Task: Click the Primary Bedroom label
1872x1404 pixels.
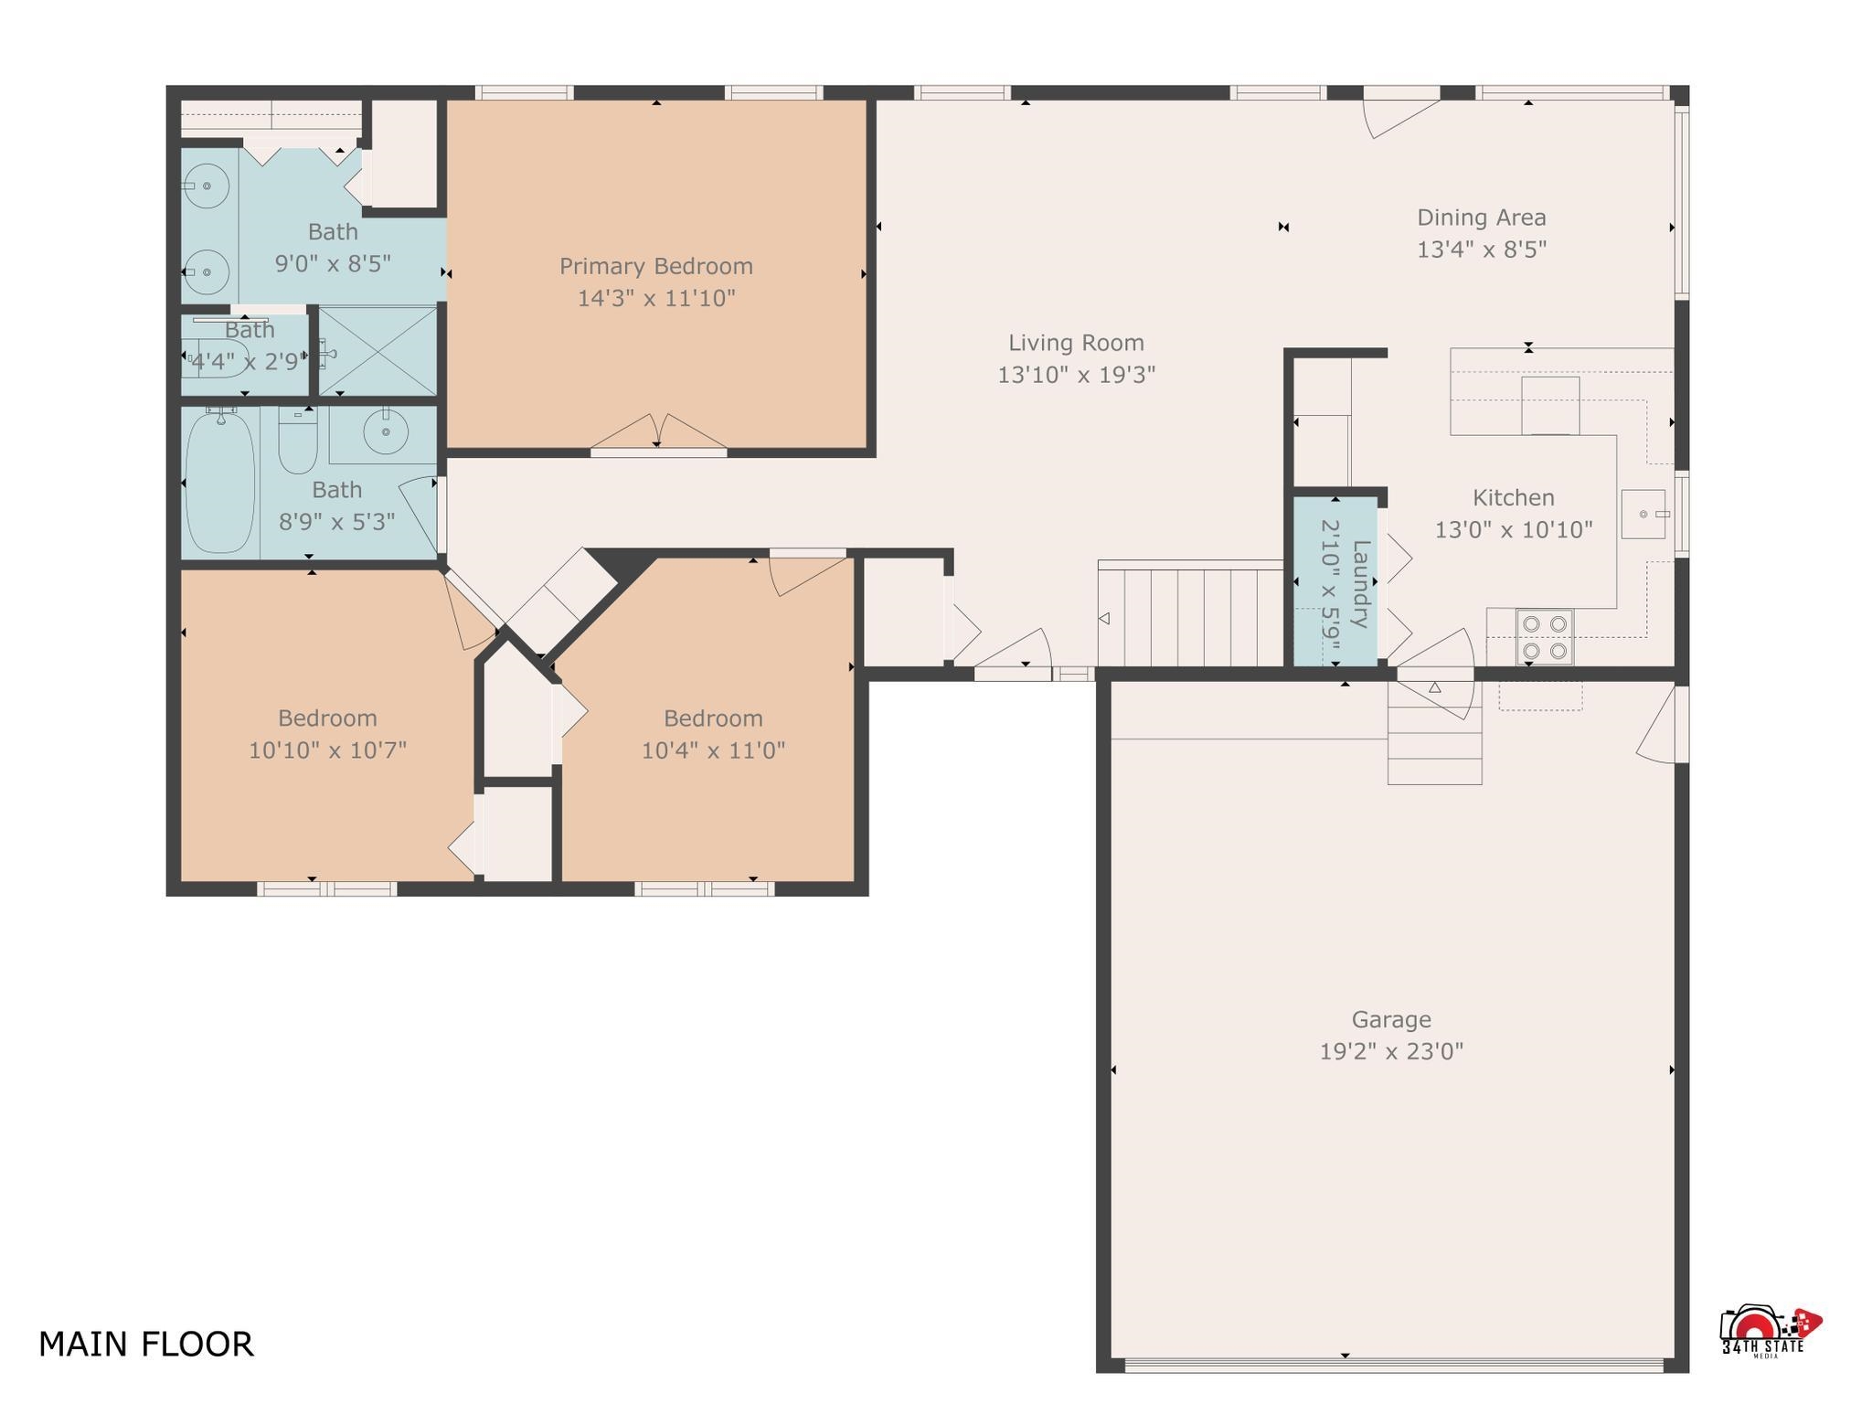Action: click(656, 266)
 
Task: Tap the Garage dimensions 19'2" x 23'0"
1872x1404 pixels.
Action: click(1390, 1051)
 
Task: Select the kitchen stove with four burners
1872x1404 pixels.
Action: click(1545, 637)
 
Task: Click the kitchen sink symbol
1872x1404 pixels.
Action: click(1643, 515)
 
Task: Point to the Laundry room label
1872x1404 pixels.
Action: click(1360, 584)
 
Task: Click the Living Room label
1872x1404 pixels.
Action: click(1076, 343)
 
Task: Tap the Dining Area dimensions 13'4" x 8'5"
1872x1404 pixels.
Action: click(1481, 250)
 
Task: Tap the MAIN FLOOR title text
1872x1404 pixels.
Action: click(146, 1344)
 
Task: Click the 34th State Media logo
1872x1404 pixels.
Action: click(1766, 1334)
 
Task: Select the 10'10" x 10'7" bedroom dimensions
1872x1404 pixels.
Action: click(327, 750)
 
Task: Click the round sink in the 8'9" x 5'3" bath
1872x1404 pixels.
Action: click(386, 431)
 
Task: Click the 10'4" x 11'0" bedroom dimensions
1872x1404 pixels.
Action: click(713, 750)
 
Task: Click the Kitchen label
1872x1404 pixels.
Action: click(1513, 498)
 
